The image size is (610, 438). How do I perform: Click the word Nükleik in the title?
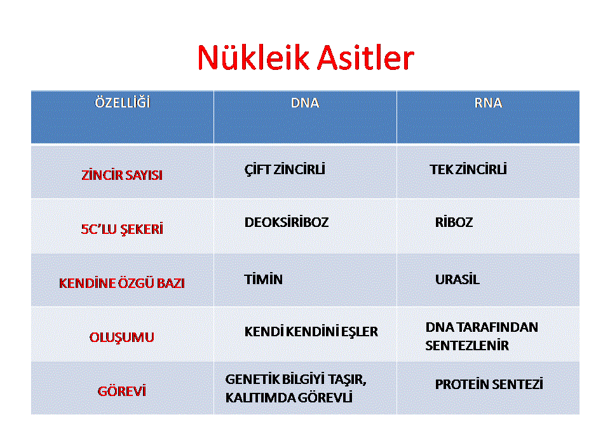pyautogui.click(x=253, y=57)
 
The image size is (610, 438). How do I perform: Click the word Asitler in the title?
pyautogui.click(x=365, y=57)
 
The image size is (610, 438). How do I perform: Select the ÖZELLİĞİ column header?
pyautogui.click(x=123, y=102)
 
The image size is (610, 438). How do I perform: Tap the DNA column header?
pyautogui.click(x=305, y=103)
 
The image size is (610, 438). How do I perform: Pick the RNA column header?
pyautogui.click(x=488, y=103)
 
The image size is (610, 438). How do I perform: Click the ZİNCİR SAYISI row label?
pyautogui.click(x=122, y=175)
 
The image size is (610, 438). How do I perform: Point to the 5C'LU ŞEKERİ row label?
pyautogui.click(x=122, y=229)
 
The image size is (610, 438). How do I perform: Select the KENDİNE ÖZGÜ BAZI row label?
pyautogui.click(x=122, y=283)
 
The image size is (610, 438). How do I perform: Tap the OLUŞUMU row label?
pyautogui.click(x=122, y=337)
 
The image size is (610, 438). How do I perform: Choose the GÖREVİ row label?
pyautogui.click(x=122, y=390)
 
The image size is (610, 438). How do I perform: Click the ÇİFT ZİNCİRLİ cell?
pyautogui.click(x=285, y=169)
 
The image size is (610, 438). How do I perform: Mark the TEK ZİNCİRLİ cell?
pyautogui.click(x=468, y=169)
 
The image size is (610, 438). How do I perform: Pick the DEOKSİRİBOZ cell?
pyautogui.click(x=287, y=222)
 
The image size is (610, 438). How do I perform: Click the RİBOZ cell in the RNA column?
pyautogui.click(x=454, y=222)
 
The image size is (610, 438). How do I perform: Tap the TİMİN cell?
pyautogui.click(x=263, y=279)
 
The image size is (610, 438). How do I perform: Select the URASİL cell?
pyautogui.click(x=457, y=279)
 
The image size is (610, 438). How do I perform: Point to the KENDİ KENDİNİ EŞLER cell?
pyautogui.click(x=311, y=331)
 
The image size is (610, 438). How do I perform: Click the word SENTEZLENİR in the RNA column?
pyautogui.click(x=467, y=345)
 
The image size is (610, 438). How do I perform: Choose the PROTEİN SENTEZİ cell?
pyautogui.click(x=489, y=384)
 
